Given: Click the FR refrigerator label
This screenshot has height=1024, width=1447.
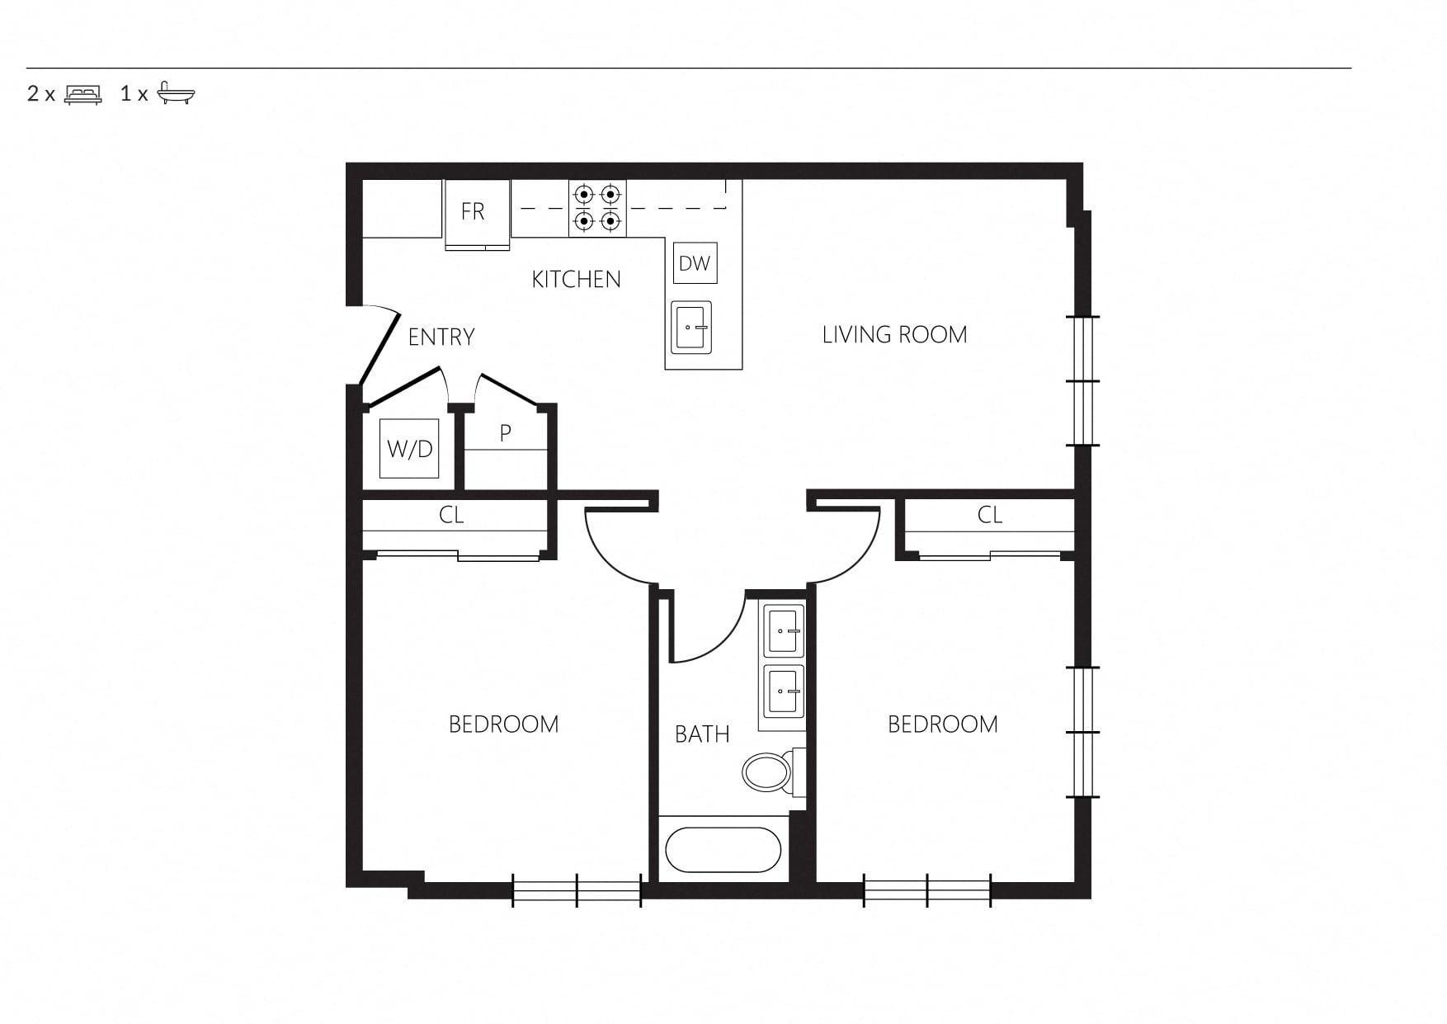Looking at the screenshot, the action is (473, 212).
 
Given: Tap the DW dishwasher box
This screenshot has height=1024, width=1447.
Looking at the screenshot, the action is (695, 263).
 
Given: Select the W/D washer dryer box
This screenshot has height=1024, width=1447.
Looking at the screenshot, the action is (409, 449).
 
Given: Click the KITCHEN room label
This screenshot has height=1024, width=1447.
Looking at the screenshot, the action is (576, 280).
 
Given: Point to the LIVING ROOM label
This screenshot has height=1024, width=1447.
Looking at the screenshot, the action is (894, 335).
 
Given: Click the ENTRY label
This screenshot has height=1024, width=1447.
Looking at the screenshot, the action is (441, 337).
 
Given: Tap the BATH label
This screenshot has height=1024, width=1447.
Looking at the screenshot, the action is (702, 734).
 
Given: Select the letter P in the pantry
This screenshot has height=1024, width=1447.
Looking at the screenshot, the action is (506, 432).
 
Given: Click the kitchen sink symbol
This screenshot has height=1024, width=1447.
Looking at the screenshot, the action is (691, 328).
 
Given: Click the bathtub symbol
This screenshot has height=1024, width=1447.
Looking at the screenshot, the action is (723, 850).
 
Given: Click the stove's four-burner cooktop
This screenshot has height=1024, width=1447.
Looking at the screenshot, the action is (597, 208).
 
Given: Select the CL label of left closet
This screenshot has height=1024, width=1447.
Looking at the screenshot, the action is (451, 515).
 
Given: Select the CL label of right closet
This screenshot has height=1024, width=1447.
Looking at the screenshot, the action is (990, 515).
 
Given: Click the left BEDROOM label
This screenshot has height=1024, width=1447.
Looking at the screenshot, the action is (503, 724).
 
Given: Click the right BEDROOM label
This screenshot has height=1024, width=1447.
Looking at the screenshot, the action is (942, 724).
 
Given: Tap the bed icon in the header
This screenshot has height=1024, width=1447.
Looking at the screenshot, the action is (83, 94).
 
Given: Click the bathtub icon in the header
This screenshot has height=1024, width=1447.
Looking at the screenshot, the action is (176, 92).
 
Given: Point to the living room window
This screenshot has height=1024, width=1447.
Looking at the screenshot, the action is (1083, 381).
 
